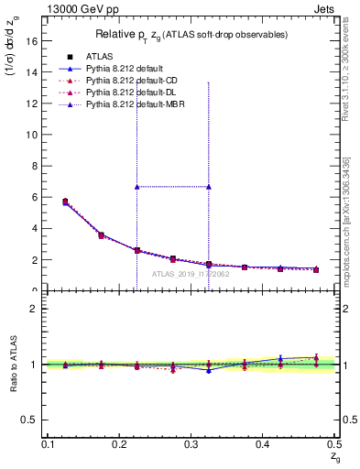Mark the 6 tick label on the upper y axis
point(35,197)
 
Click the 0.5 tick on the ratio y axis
point(31,420)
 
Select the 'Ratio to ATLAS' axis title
point(13,365)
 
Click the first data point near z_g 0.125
point(65,202)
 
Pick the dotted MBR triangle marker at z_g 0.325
point(209,187)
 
